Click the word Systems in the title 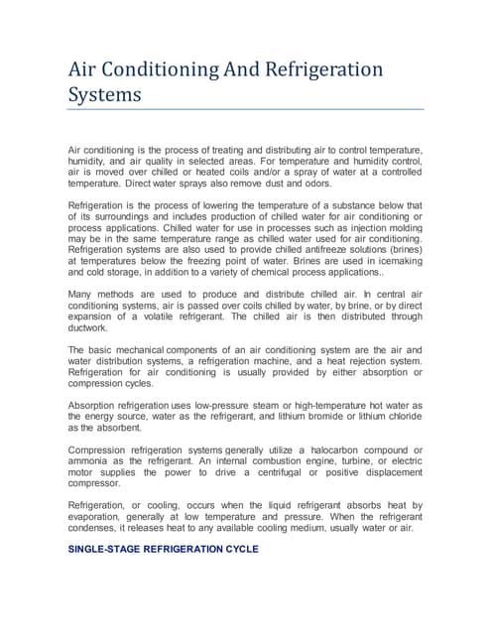coord(104,95)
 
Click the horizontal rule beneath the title coord(245,109)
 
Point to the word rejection coord(358,361)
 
